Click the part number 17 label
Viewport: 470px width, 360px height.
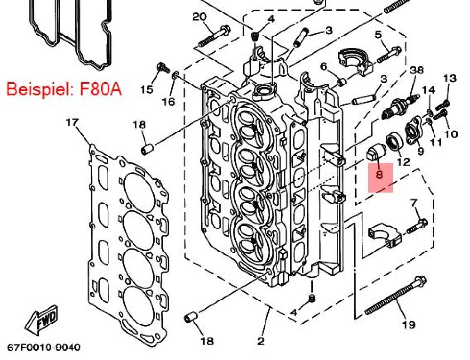[x=72, y=123]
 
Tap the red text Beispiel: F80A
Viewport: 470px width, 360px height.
[x=64, y=89]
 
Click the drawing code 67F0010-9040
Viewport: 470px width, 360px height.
[x=43, y=347]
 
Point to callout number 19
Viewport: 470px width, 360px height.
[x=408, y=325]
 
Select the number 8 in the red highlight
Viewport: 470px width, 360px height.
[x=380, y=175]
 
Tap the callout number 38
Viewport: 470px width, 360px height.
[x=417, y=70]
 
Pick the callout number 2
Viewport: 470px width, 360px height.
[x=261, y=341]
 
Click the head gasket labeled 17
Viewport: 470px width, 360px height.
[x=130, y=240]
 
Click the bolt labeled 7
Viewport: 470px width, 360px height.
[x=417, y=226]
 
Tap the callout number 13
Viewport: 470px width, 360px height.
[x=450, y=78]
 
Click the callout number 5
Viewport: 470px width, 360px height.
[x=378, y=34]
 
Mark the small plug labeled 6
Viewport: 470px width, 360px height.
[x=341, y=82]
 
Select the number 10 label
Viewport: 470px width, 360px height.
[x=451, y=134]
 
